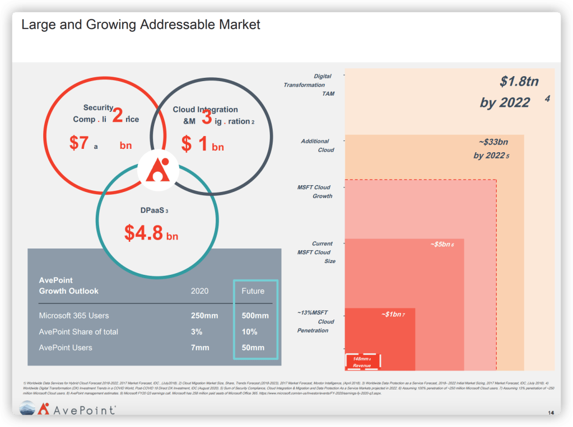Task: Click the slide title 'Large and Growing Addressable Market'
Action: tap(141, 25)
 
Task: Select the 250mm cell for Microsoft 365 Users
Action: tap(204, 316)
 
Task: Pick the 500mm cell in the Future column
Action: tap(255, 316)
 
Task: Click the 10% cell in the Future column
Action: tap(249, 332)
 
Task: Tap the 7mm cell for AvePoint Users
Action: tap(200, 348)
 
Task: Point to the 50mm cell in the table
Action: tap(253, 348)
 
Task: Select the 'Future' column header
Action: tap(253, 291)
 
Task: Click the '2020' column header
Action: tap(199, 291)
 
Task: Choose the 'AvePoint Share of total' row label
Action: tap(78, 332)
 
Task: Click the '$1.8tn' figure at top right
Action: tap(519, 82)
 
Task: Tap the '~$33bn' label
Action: tap(493, 142)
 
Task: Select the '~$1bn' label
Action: tap(393, 315)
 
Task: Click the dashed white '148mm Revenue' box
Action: tap(363, 362)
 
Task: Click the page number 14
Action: tap(551, 413)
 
